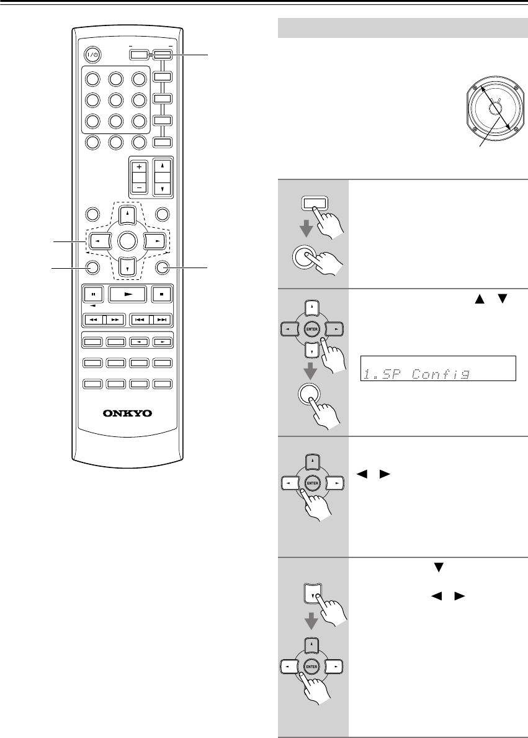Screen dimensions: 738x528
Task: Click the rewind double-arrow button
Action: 93,320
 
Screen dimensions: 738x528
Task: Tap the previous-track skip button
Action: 140,320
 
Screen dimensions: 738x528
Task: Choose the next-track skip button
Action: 161,320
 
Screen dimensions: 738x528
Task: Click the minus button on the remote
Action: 139,187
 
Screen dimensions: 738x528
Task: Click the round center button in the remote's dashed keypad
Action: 127,240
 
